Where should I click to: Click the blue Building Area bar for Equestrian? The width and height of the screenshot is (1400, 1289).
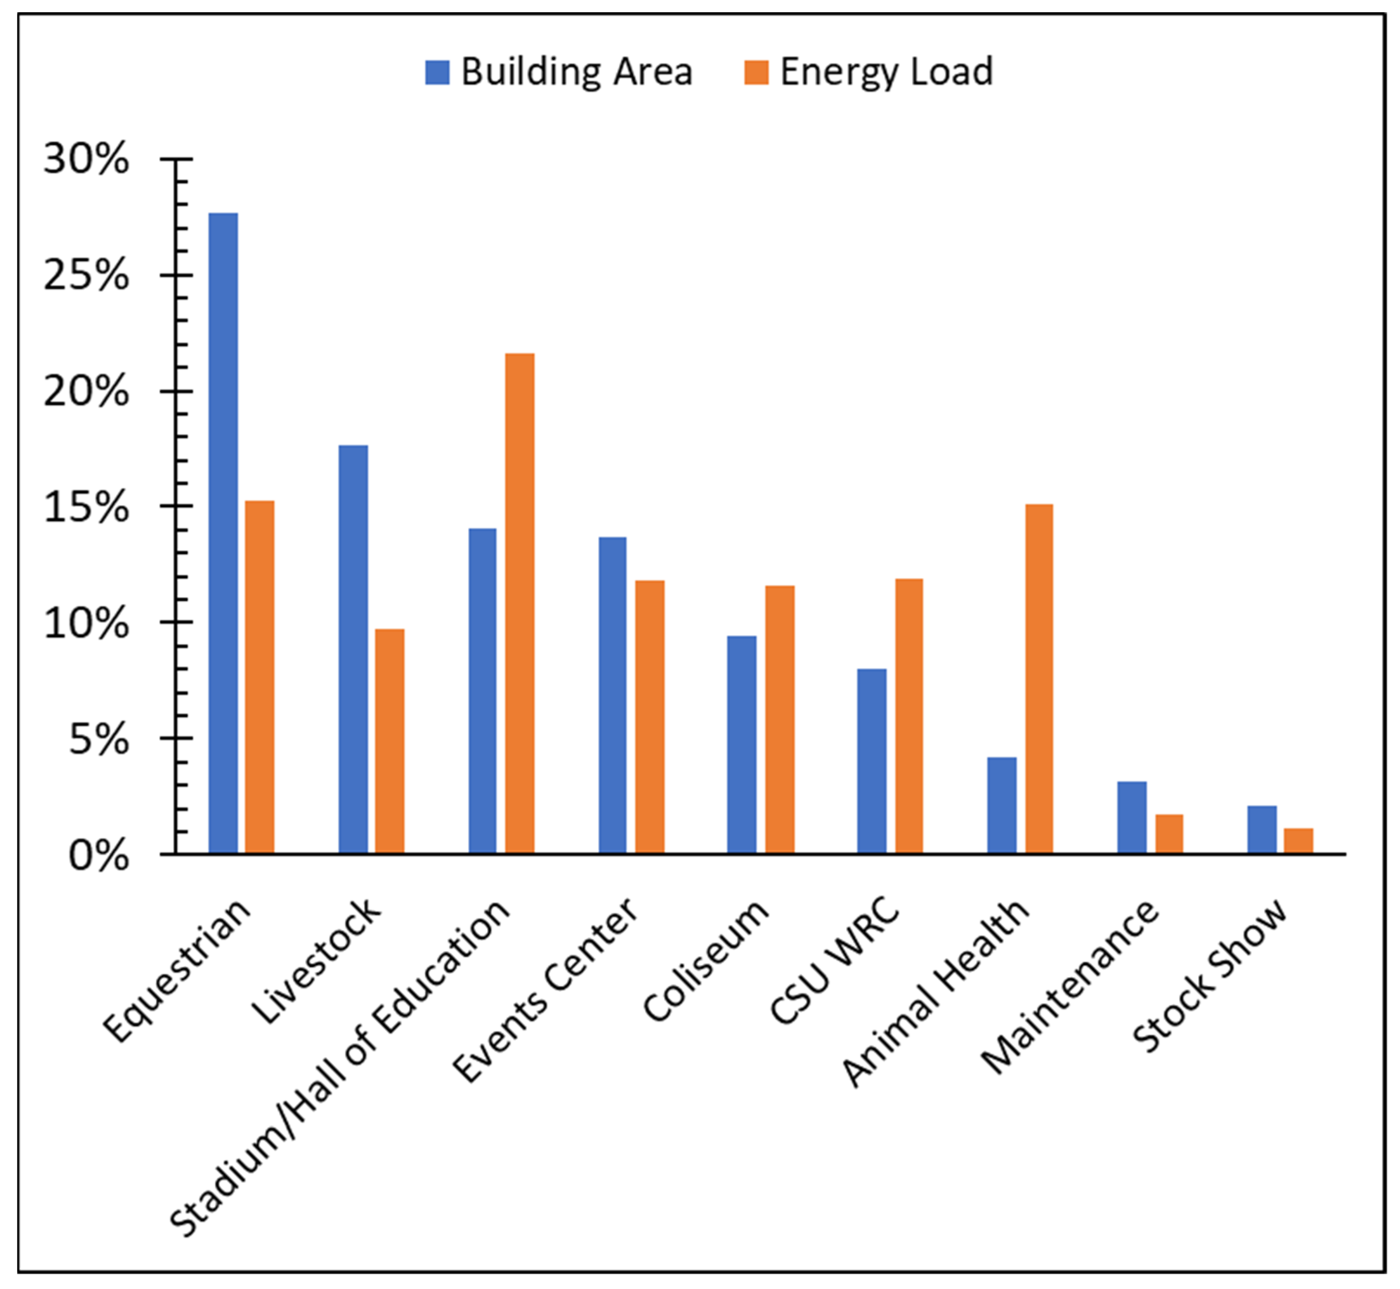click(223, 533)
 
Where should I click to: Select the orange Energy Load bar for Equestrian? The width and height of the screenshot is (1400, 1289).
click(259, 677)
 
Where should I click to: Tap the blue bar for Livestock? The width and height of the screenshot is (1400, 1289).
click(353, 649)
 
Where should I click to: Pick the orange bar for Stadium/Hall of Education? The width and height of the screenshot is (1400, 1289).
click(519, 603)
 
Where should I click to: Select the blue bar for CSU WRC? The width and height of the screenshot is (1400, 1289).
click(872, 760)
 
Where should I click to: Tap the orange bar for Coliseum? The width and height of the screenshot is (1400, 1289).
click(779, 718)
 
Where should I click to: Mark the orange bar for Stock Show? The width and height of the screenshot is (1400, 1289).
click(1298, 841)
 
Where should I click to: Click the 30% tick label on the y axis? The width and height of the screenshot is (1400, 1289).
click(86, 159)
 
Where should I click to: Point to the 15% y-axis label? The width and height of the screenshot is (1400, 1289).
click(86, 507)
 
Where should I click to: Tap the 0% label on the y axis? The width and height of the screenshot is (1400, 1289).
click(98, 855)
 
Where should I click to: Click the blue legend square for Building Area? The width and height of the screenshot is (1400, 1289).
click(437, 72)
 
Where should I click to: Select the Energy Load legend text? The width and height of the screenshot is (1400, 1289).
click(886, 72)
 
